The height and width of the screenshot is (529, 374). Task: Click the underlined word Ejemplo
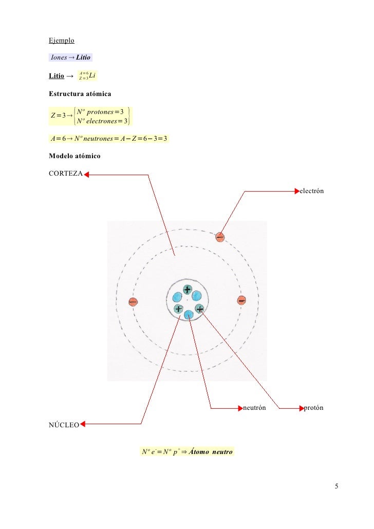pyautogui.click(x=62, y=40)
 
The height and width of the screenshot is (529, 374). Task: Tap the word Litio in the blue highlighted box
pyautogui.click(x=83, y=57)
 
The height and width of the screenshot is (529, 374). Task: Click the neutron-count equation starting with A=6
pyautogui.click(x=108, y=138)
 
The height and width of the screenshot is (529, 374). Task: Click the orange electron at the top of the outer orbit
pyautogui.click(x=220, y=237)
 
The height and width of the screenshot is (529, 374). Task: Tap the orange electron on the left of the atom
pyautogui.click(x=133, y=302)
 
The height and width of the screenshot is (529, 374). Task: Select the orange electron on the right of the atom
pyautogui.click(x=241, y=301)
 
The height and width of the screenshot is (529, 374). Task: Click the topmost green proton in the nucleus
pyautogui.click(x=188, y=290)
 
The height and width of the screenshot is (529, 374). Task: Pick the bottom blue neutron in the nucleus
pyautogui.click(x=189, y=314)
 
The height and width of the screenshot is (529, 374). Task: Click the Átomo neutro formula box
pyautogui.click(x=187, y=452)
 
